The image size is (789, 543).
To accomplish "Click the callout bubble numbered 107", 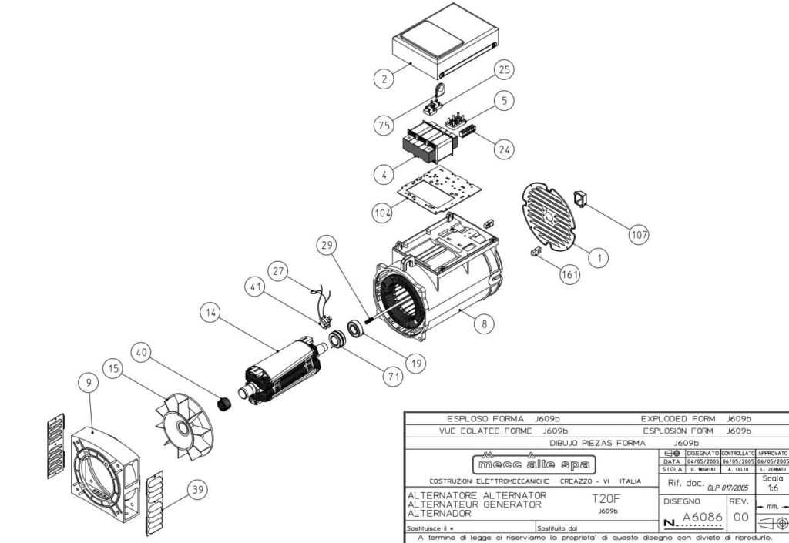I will [x=639, y=235].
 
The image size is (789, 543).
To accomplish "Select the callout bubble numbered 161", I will [x=570, y=274].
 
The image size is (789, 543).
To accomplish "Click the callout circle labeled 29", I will [x=327, y=246].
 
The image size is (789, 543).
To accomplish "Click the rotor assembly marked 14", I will [x=281, y=370].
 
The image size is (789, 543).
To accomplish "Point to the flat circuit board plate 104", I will [x=439, y=187].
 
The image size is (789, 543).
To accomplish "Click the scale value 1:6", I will [x=772, y=488].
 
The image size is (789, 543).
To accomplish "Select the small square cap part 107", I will [x=584, y=199].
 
